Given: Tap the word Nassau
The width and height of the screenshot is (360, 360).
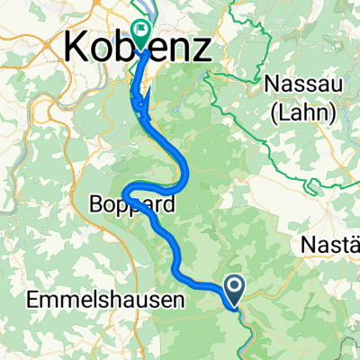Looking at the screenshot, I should coord(300,85).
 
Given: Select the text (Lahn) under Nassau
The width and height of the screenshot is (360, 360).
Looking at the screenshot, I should coord(300,112).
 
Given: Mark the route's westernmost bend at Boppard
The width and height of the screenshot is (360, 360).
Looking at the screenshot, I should coord(126,192).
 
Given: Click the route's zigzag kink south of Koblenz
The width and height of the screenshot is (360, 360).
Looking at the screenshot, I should coord(139,104).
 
